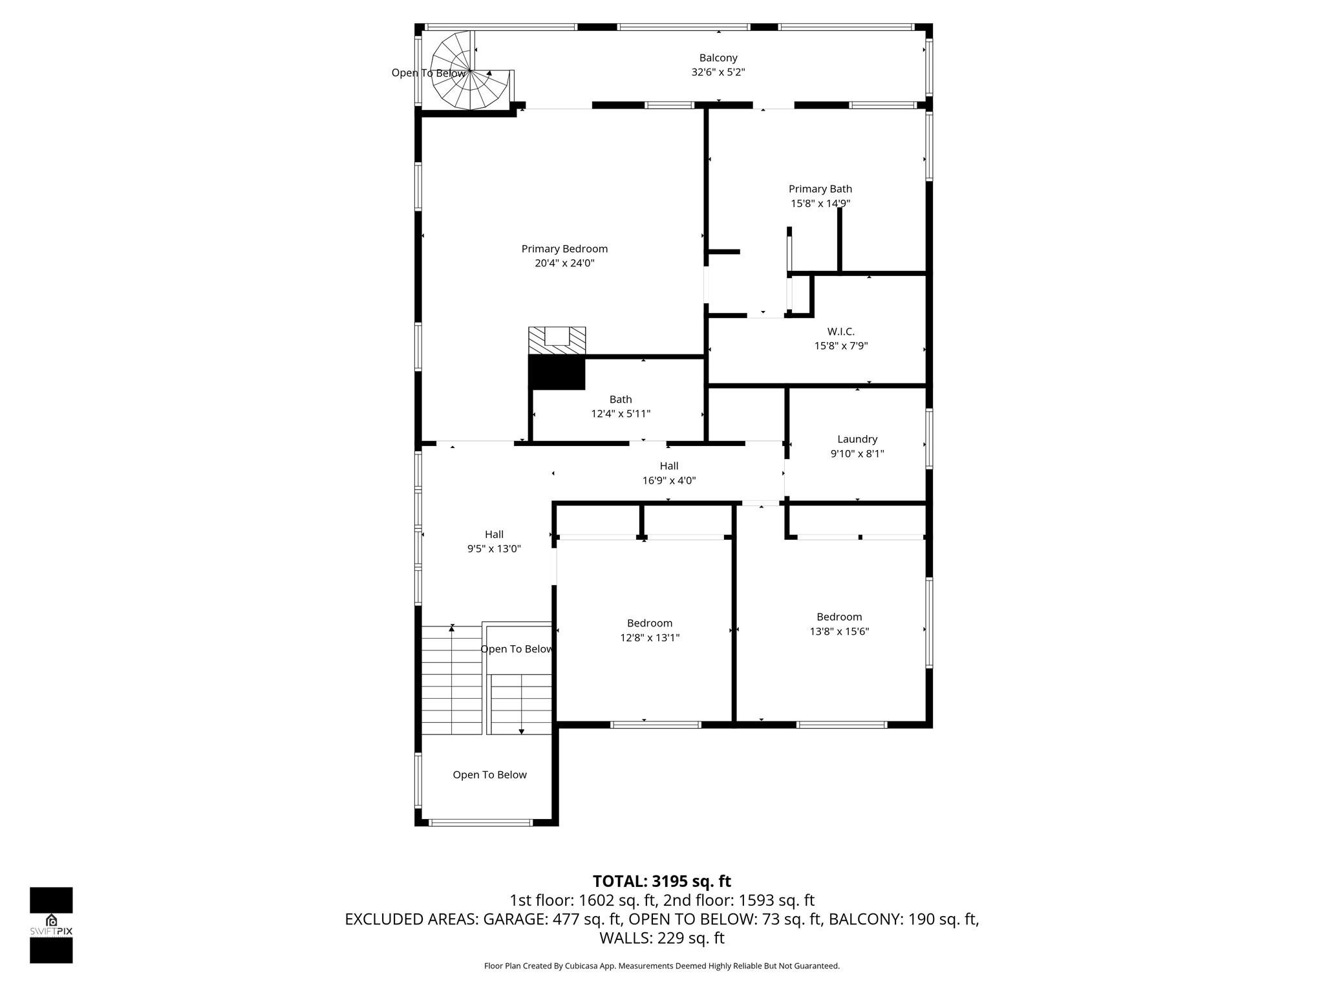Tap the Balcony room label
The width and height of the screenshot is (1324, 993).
coord(718,58)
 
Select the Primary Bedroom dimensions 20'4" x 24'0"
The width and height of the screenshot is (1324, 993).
coord(564,263)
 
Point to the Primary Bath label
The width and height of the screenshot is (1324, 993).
coord(820,189)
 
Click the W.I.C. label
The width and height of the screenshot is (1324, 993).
coord(840,332)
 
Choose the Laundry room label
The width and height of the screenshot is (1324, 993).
coord(857,439)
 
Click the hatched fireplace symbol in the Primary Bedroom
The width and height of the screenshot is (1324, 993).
coord(557,340)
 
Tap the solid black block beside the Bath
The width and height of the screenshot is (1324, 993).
coord(557,373)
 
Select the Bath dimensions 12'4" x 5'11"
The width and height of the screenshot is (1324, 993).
coord(620,414)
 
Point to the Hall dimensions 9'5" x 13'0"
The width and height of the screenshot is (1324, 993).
coord(494,549)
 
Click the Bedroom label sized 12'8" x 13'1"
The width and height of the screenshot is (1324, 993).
coord(649,623)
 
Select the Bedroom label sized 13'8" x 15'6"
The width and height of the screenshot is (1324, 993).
coord(838,617)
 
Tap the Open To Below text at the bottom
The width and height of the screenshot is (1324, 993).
coord(489,774)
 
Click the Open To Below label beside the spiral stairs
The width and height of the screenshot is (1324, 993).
coord(428,73)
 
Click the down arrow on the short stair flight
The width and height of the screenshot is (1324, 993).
coord(521,731)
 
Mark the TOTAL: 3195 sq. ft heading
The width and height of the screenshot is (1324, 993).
coord(661,881)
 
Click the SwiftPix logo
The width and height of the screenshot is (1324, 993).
coord(51,925)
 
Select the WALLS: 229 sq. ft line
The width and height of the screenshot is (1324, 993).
coord(661,938)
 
